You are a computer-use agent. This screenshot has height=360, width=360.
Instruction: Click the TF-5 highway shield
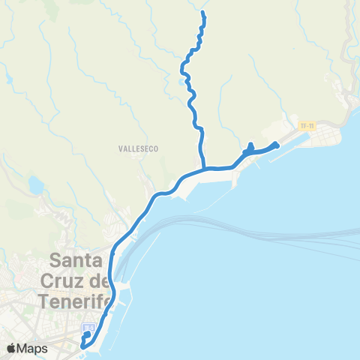point(88,328)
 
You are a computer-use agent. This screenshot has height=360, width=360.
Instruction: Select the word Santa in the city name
point(77,262)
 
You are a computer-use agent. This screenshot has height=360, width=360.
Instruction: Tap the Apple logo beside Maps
point(11,348)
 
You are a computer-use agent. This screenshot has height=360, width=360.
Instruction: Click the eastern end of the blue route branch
point(277,145)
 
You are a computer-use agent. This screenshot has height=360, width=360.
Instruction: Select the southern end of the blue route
point(82,346)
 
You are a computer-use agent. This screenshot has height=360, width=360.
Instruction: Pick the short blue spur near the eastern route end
point(250,148)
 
